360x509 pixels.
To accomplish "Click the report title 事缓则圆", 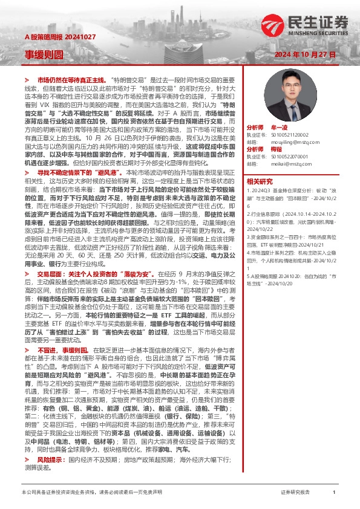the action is pos(44,54).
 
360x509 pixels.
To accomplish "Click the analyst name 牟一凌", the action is pos(280,129).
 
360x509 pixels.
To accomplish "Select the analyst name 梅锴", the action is pos(277,149).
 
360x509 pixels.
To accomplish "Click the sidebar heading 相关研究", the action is pos(260,180).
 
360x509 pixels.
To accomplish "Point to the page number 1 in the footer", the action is pos(334,493).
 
